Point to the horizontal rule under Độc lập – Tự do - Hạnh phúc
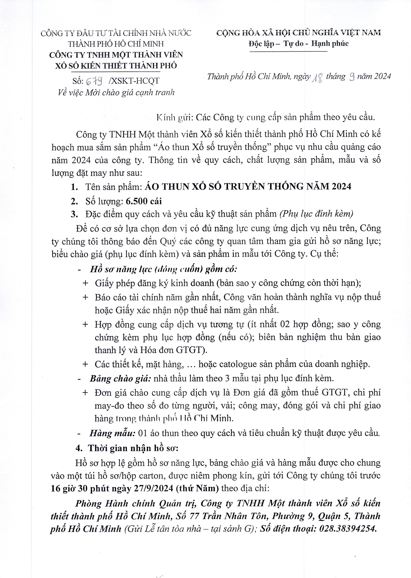pos(288,52)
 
